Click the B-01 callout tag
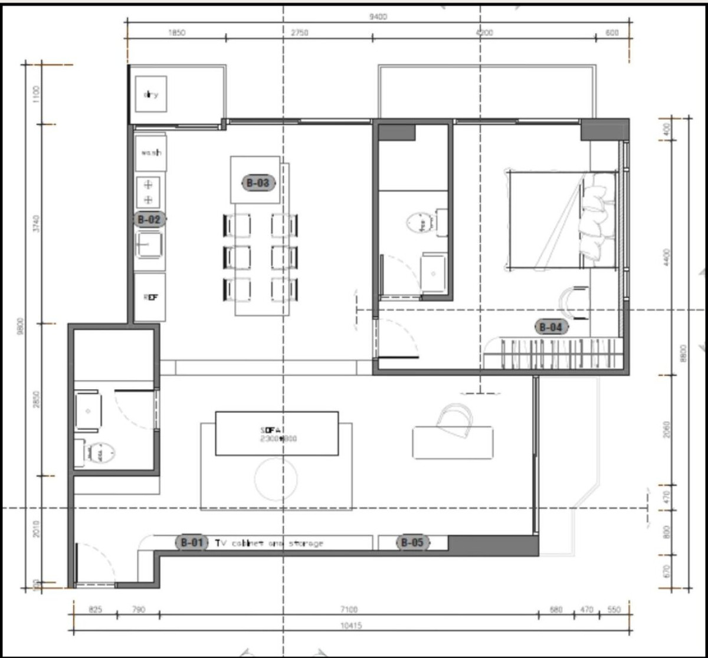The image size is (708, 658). pos(192,542)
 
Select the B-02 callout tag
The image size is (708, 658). pos(149,219)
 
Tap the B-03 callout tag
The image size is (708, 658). pos(258,183)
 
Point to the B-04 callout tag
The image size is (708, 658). pos(551,327)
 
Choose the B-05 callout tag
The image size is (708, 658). pos(412,542)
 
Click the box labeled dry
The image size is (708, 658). pos(151,94)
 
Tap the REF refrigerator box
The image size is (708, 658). pos(150,297)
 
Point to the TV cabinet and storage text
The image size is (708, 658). pos(269,543)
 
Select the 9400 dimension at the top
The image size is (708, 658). pos(378,17)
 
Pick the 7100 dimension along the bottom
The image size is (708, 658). pos(349,610)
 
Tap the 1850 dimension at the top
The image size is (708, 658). pos(176,33)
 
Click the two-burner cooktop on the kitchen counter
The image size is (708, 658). pos(148,192)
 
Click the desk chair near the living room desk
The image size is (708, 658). pos(455,419)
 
